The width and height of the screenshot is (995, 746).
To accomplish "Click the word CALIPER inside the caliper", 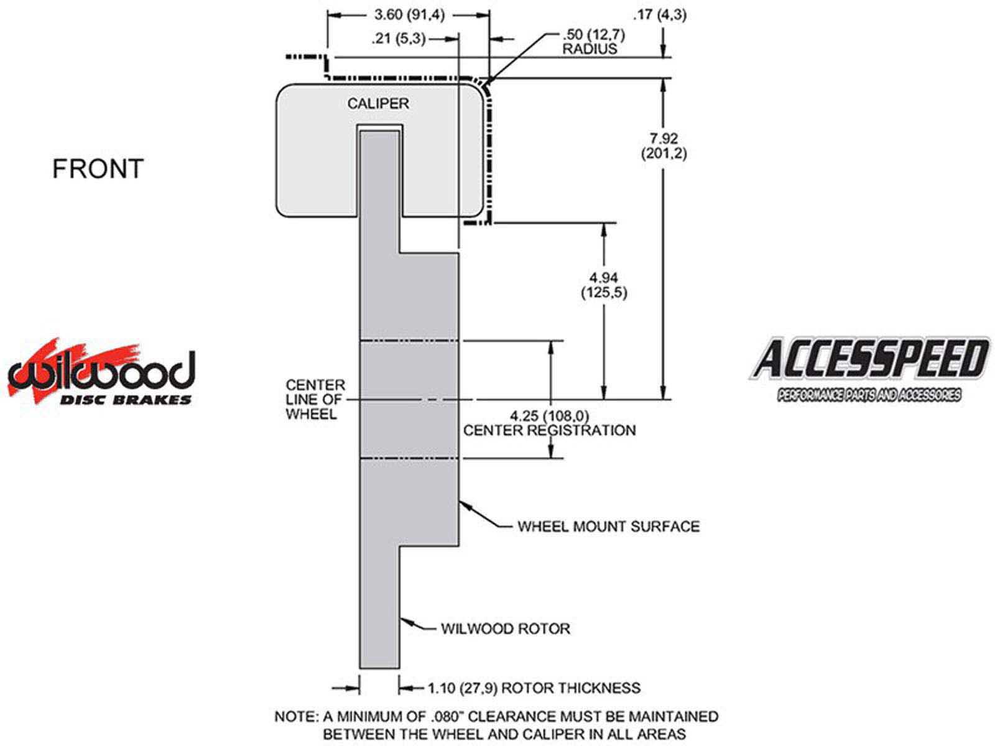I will [x=378, y=103].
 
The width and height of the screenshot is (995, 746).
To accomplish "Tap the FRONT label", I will [x=98, y=169].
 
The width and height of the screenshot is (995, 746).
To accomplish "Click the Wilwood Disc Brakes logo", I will [x=101, y=374].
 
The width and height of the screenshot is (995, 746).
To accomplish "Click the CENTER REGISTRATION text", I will [x=550, y=430].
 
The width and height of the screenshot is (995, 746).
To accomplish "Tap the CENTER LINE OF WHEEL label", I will [x=315, y=400].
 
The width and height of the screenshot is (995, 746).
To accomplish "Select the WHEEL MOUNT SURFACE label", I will [x=608, y=527].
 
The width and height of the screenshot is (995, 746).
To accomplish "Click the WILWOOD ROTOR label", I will [x=505, y=629].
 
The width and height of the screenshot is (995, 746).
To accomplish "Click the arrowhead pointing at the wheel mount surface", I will [x=463, y=504].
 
